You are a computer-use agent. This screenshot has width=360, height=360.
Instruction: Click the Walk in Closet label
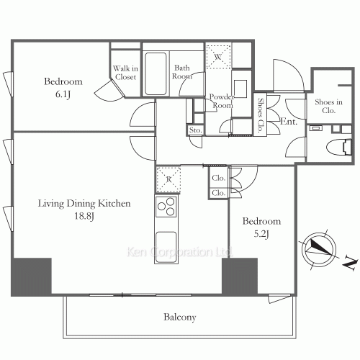pyautogui.click(x=125, y=73)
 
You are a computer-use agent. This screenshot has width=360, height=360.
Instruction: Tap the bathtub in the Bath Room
pyautogui.click(x=156, y=74)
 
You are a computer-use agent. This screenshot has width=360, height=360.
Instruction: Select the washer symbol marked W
pyautogui.click(x=218, y=57)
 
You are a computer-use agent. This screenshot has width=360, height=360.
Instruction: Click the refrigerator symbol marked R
pyautogui.click(x=168, y=179)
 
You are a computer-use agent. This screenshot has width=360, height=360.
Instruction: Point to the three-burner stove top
pyautogui.click(x=166, y=206)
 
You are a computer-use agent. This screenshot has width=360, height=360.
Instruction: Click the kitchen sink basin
pyautogui.click(x=166, y=246)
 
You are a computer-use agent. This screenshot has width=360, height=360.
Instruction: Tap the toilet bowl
pyautogui.click(x=338, y=147)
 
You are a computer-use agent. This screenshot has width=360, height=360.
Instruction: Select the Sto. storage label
pyautogui.click(x=195, y=130)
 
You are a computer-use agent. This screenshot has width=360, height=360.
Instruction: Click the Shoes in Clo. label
pyautogui.click(x=328, y=106)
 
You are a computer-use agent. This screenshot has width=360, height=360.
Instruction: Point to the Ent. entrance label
pyautogui.click(x=289, y=122)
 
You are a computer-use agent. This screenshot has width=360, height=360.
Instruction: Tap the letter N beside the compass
pyautogui.click(x=349, y=264)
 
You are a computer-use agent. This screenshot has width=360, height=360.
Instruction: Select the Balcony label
pyautogui.click(x=180, y=317)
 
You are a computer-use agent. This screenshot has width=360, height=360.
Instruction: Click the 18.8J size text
pyautogui.click(x=84, y=216)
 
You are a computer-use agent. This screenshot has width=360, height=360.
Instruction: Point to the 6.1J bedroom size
pyautogui.click(x=63, y=94)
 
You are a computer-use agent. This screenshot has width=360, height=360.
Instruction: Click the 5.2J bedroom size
pyautogui.click(x=261, y=234)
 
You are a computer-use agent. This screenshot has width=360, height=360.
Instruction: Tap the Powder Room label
pyautogui.click(x=222, y=101)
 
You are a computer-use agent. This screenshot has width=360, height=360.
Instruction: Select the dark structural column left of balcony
pyautogui.click(x=32, y=276)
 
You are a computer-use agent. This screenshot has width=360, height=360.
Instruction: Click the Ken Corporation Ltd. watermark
pyautogui.click(x=179, y=252)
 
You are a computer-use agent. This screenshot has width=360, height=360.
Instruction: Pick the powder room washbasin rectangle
pyautogui.click(x=240, y=89)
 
